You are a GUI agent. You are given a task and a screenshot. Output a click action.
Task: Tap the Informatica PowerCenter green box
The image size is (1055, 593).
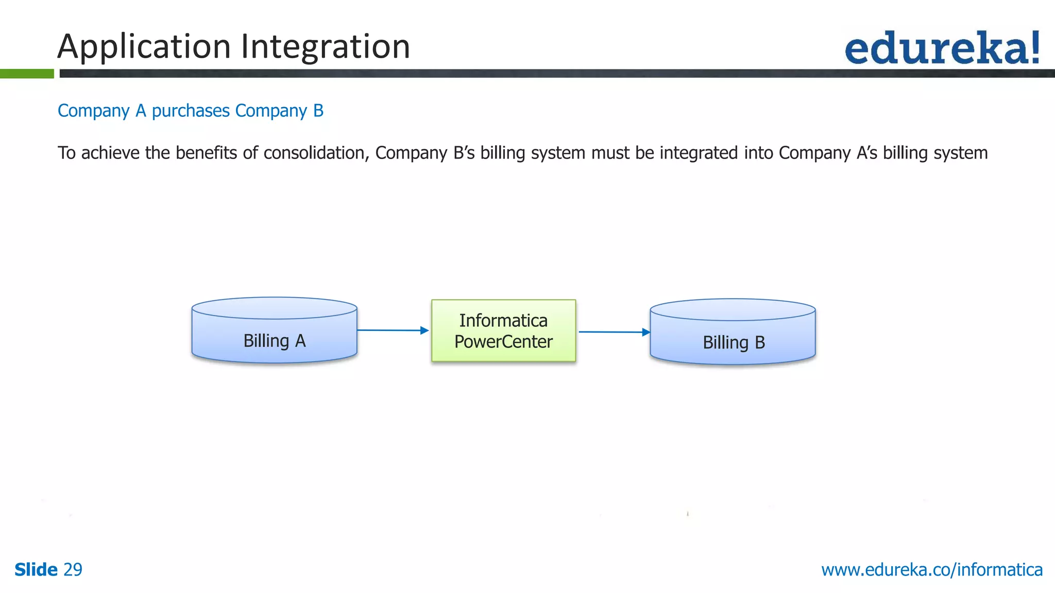click(503, 330)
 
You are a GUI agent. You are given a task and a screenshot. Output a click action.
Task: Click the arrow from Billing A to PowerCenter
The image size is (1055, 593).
click(392, 330)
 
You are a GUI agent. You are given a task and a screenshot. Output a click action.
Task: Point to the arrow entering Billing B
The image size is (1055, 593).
click(613, 332)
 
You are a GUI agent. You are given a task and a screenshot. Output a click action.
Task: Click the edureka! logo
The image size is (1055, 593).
click(942, 48)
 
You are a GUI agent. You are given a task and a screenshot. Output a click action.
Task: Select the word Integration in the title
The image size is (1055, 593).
click(326, 46)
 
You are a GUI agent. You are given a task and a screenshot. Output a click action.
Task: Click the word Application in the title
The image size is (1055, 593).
click(144, 46)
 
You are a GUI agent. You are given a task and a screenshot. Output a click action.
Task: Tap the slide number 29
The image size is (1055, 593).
click(73, 569)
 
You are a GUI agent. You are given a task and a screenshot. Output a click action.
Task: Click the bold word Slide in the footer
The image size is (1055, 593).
click(36, 569)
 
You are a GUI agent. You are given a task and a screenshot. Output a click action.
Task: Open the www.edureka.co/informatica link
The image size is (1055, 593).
click(931, 569)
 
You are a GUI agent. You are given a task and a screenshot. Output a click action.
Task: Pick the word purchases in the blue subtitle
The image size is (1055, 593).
click(191, 111)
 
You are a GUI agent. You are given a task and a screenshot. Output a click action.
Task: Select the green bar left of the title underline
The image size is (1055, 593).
click(27, 74)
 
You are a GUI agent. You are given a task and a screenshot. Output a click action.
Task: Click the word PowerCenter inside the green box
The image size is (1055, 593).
click(503, 342)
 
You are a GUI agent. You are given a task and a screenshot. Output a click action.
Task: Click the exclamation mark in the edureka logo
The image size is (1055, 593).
click(1034, 48)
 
